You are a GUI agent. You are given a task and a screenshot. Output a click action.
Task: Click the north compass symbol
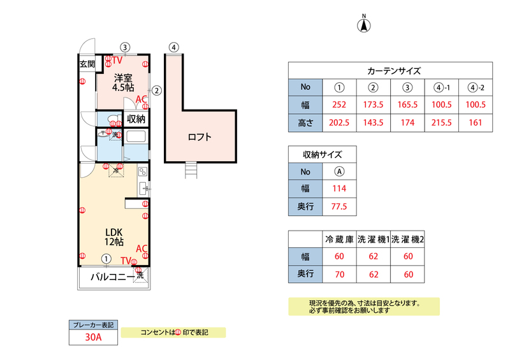click(365, 25)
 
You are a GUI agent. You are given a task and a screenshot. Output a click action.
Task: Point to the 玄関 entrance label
click(87, 64)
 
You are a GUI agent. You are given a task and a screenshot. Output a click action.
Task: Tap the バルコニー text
click(112, 277)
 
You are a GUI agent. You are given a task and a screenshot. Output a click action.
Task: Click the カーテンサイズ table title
click(393, 71)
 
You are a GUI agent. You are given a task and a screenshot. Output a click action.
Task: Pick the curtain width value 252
click(340, 105)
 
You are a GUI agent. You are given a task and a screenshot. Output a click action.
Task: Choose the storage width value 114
click(340, 189)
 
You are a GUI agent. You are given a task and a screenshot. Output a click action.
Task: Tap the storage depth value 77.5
click(340, 207)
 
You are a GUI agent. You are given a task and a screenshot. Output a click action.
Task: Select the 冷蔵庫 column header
click(339, 240)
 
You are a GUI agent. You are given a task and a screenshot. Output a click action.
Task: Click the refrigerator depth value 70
click(339, 275)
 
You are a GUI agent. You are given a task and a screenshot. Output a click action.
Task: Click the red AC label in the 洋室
click(142, 99)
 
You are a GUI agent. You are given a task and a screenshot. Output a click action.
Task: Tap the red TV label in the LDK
click(126, 260)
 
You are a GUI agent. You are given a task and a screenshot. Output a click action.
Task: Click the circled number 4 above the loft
click(173, 47)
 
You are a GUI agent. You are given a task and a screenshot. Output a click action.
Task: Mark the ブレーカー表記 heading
click(93, 324)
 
